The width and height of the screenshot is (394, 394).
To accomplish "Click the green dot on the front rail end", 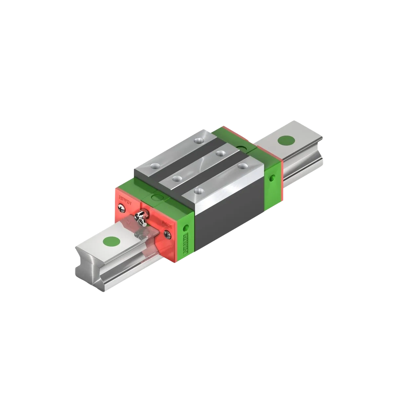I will (112, 242).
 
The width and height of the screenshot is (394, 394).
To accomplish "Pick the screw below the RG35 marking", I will (167, 232).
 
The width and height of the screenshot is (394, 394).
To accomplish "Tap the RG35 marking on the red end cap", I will (166, 224).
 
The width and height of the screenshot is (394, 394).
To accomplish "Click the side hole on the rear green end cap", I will (273, 177).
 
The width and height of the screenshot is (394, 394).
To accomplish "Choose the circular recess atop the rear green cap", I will (243, 147).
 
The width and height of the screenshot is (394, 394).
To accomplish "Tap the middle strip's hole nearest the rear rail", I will (220, 153).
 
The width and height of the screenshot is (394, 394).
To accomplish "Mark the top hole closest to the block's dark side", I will (198, 190).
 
